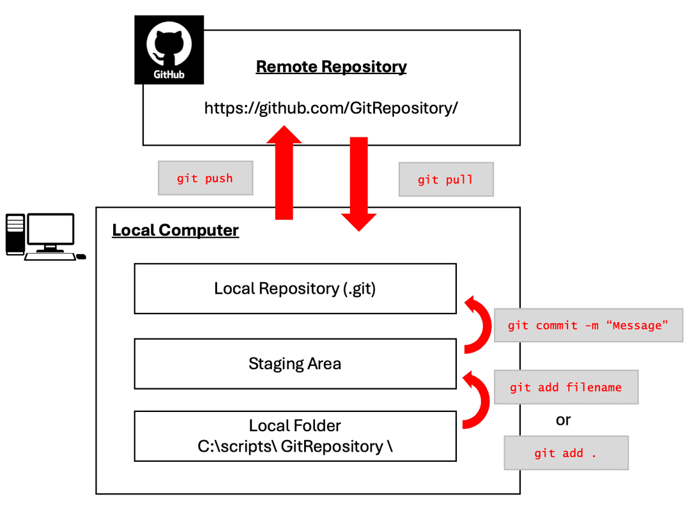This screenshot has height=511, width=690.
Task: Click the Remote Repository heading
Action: (x=331, y=66)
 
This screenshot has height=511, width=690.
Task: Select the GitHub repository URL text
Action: (x=331, y=108)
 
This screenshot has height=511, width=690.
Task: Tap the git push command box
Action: (x=205, y=178)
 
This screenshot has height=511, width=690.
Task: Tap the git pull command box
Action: (x=445, y=179)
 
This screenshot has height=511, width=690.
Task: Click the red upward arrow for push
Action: (x=284, y=172)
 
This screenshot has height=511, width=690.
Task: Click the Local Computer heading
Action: (x=175, y=230)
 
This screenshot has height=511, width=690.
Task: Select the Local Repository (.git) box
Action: (x=295, y=289)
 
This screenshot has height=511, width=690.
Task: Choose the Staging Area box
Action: (x=295, y=364)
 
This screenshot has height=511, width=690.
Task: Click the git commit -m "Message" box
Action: (x=588, y=326)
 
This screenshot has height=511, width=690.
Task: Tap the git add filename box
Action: (x=565, y=387)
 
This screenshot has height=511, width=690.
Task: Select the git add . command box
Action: (x=565, y=453)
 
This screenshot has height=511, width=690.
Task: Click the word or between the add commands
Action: (x=563, y=420)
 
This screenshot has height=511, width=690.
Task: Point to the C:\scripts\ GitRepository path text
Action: (x=295, y=446)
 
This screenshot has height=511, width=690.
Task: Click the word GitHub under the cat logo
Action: (x=169, y=74)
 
